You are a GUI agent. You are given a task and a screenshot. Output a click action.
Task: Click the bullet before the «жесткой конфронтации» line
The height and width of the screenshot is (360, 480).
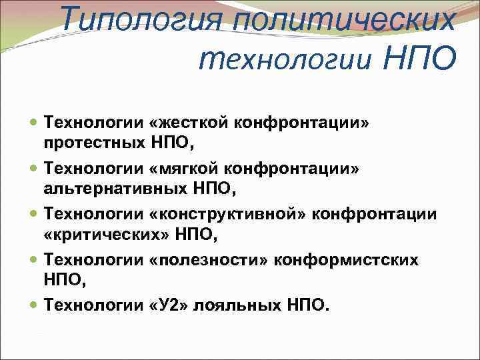click(35, 124)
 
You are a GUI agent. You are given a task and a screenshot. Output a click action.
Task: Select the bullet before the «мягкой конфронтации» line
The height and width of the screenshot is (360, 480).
click(35, 170)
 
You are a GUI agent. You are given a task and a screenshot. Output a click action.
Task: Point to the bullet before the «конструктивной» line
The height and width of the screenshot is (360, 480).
click(35, 215)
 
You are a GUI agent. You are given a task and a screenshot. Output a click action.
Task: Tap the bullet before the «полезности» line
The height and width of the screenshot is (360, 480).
click(35, 260)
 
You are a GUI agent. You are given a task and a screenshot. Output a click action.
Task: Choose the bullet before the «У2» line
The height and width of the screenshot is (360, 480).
click(35, 306)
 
